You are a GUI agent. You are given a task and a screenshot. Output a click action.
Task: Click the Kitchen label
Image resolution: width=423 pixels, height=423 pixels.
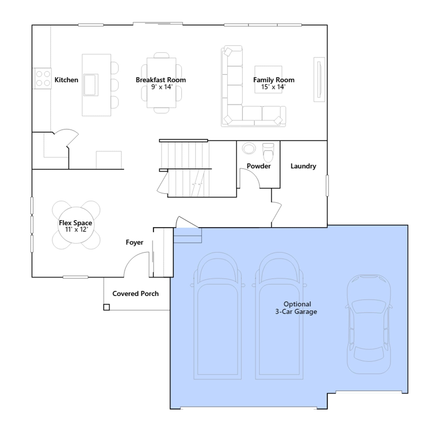(x=66, y=80)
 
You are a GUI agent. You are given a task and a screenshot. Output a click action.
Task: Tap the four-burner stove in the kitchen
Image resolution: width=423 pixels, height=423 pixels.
(x=42, y=79)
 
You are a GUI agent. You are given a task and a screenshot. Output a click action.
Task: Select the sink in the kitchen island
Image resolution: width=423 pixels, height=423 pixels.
(x=91, y=85)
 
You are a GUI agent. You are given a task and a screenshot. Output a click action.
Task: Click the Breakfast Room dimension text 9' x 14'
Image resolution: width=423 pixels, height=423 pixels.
(x=162, y=87)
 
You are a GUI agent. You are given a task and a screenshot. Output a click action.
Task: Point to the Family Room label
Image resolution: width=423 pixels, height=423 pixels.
(x=274, y=80)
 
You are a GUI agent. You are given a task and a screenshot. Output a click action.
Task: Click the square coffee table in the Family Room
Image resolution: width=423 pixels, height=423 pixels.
(x=268, y=79)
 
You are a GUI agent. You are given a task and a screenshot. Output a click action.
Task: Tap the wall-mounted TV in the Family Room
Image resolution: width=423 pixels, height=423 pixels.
(x=319, y=79)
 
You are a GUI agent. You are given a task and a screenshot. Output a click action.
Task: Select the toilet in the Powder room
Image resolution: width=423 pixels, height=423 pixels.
(x=268, y=152)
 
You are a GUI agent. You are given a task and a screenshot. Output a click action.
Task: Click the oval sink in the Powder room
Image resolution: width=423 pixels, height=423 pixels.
(x=249, y=148)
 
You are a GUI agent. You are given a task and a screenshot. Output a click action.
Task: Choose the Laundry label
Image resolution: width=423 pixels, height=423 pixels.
(x=303, y=166)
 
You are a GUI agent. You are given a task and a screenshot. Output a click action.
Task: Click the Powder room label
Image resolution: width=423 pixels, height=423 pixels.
(x=259, y=166)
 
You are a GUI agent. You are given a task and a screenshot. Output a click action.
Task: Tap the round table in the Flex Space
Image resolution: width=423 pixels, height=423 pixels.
(x=76, y=225)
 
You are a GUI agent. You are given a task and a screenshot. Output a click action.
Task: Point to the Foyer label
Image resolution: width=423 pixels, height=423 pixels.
(x=134, y=242)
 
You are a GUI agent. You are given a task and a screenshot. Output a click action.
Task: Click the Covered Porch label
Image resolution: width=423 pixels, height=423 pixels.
(x=135, y=294)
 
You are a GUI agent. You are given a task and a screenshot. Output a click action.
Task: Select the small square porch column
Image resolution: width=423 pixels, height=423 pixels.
(x=106, y=307)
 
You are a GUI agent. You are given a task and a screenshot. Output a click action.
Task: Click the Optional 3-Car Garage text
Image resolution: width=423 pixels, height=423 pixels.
(x=296, y=308)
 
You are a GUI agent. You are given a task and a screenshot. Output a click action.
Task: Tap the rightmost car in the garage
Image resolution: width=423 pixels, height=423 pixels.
(x=369, y=324)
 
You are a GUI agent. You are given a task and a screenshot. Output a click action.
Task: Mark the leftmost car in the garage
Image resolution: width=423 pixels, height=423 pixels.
(x=217, y=316)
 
